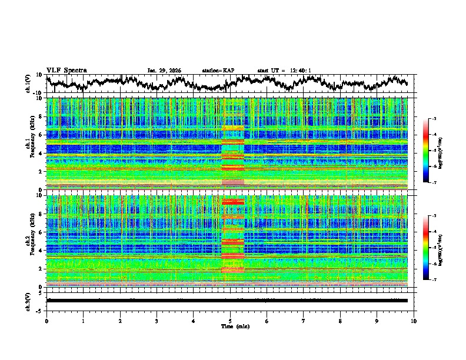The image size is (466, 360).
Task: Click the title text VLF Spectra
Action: pos(66,71)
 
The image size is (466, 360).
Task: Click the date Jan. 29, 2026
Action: pos(164,71)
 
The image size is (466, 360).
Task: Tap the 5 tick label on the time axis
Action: pos(230,321)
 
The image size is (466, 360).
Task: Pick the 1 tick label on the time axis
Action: pos(83,321)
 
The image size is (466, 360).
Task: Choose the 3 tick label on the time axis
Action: pos(157,321)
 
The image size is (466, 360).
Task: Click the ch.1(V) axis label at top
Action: pos(28,84)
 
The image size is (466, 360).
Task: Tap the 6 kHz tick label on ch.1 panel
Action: pos(41,135)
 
